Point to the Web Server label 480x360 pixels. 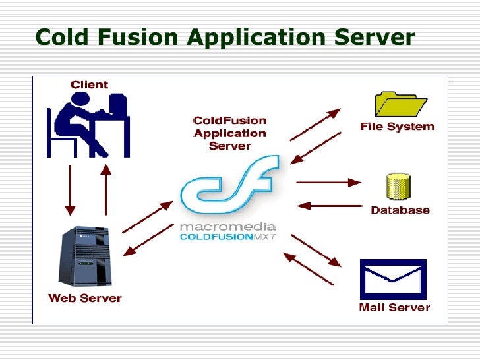85,298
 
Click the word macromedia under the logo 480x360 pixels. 223,227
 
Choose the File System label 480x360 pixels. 397,126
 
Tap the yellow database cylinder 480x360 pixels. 398,187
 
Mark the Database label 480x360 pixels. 400,210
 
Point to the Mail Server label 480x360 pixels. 394,307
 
